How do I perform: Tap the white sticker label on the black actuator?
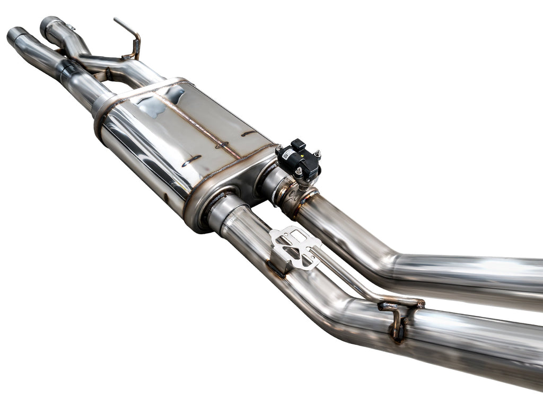[288, 154]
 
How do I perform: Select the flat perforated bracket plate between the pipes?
[295, 246]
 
